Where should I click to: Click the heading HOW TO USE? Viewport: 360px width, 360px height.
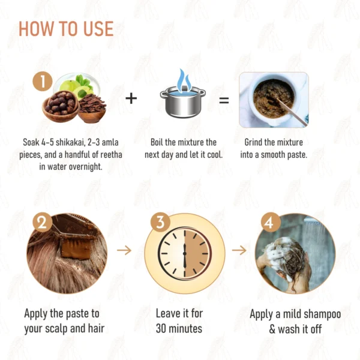(x=66, y=29)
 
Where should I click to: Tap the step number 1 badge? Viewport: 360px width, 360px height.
(x=43, y=82)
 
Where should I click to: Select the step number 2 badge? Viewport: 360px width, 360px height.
(x=42, y=222)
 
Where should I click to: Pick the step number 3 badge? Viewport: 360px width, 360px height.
(x=160, y=222)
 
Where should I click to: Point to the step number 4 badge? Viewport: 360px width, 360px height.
(x=271, y=222)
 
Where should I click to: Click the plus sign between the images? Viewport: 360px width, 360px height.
(x=131, y=98)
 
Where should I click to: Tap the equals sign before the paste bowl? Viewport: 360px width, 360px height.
(x=224, y=100)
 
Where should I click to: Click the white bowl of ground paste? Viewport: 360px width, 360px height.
(x=273, y=99)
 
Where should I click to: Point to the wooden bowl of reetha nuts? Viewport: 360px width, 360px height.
(x=61, y=106)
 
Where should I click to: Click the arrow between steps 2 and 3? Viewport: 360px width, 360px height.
(x=124, y=250)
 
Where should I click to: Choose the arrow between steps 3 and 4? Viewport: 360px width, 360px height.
(x=239, y=250)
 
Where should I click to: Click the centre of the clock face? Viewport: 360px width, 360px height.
(x=184, y=253)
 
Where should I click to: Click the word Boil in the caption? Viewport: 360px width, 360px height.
(x=157, y=142)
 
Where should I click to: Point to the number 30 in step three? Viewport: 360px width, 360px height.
(x=161, y=329)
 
